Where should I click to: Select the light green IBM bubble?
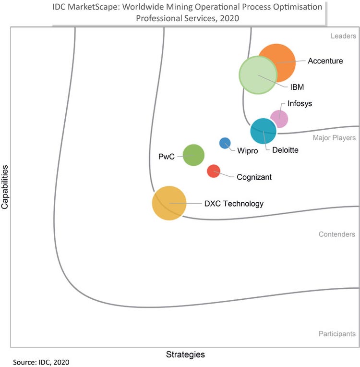click(258, 75)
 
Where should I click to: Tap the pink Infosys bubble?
click(279, 118)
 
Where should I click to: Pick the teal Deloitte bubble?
click(264, 131)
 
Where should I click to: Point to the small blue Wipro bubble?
click(225, 143)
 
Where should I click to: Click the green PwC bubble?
click(194, 155)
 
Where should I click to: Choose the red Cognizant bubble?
click(214, 171)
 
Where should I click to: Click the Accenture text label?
click(325, 61)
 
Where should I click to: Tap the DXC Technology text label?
click(234, 204)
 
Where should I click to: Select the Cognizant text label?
click(254, 177)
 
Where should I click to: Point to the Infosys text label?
click(300, 103)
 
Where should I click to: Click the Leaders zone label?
click(343, 36)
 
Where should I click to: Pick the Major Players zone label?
click(334, 138)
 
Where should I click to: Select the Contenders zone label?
click(336, 234)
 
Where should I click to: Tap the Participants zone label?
click(336, 334)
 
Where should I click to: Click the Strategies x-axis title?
click(185, 355)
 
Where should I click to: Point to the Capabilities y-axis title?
click(5, 187)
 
